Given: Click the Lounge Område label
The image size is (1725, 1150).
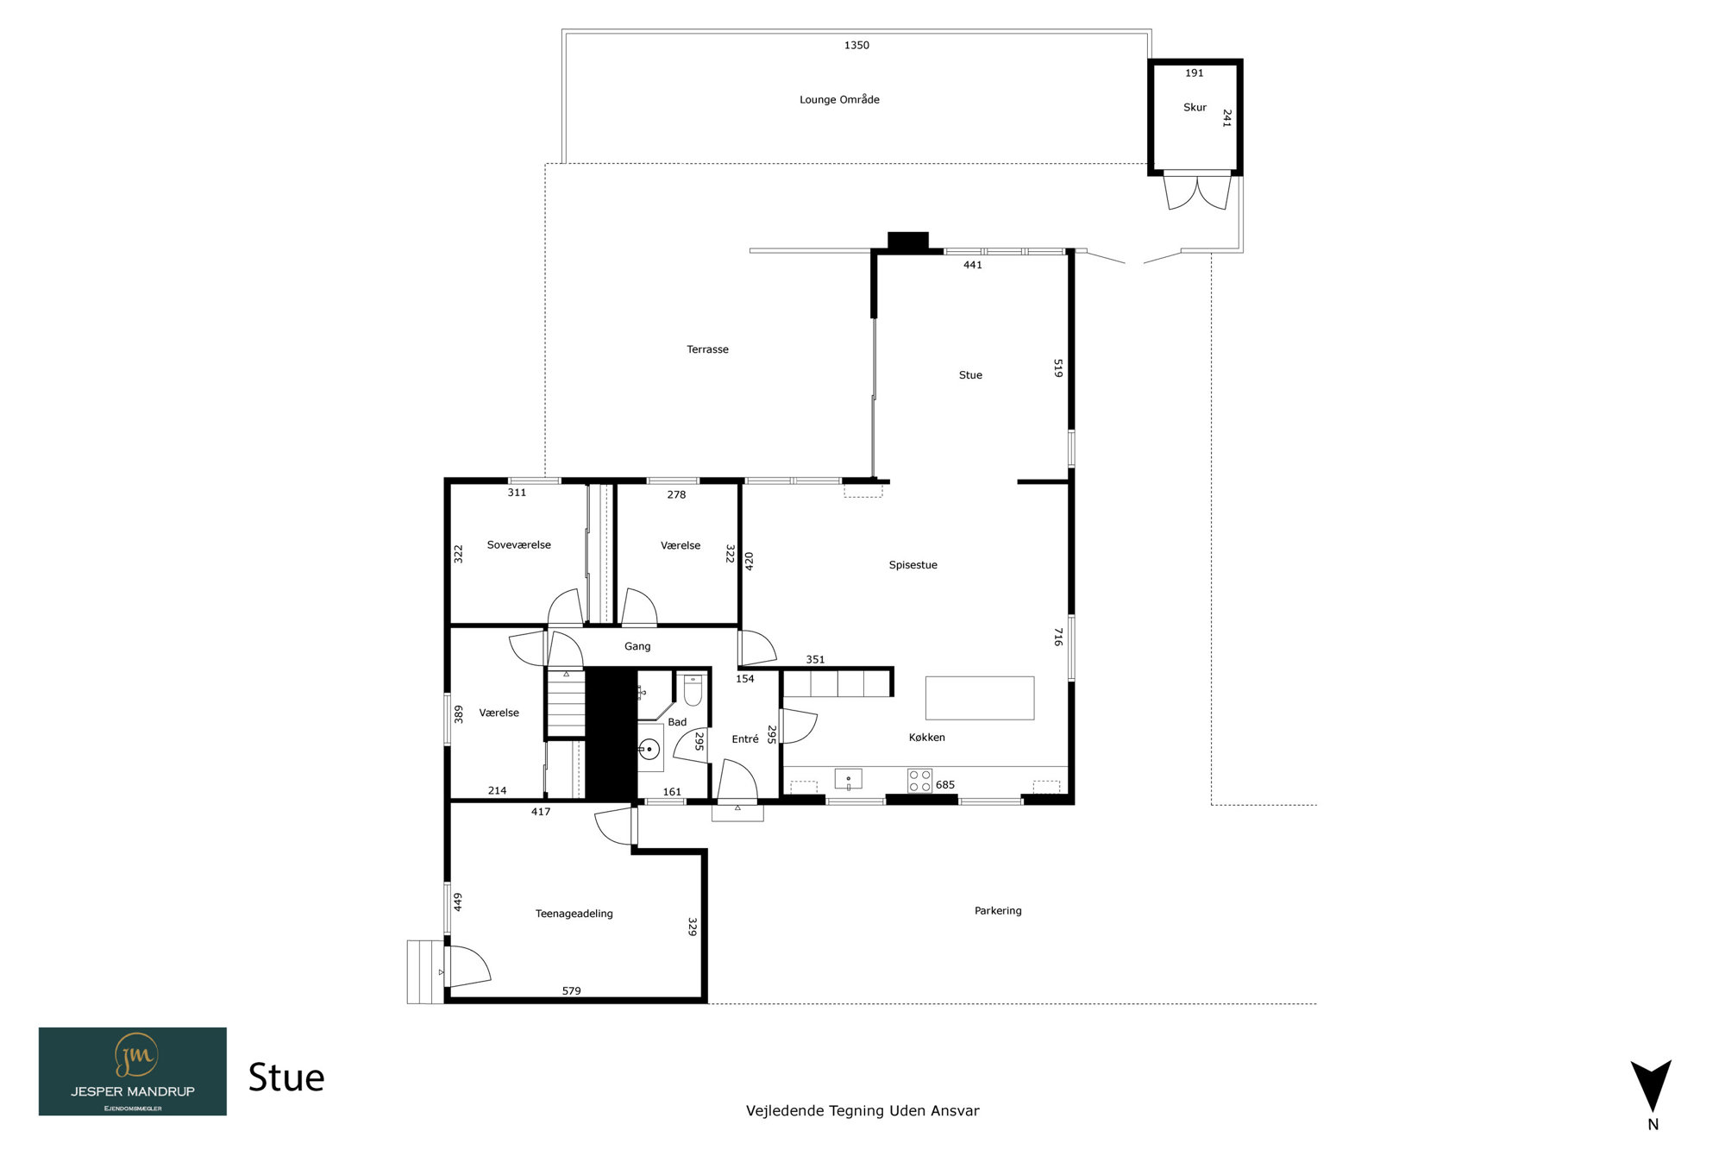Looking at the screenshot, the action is pos(839,100).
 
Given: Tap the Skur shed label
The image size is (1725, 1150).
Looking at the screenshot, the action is pos(1195,108).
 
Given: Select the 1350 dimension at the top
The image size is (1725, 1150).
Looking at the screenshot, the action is pos(856,46).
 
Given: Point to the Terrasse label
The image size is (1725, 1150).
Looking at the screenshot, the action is pos(707,349).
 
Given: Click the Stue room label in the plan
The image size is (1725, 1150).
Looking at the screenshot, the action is pos(970,375).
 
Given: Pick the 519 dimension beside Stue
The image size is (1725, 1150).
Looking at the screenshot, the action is pos(1058,368).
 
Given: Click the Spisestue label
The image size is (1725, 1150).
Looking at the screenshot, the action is pos(913,566).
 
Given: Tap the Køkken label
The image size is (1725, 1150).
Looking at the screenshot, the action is pos(926,738).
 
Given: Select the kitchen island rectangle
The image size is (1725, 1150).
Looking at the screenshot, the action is pos(980,698).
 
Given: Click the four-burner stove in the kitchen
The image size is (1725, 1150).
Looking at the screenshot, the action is pos(919,781).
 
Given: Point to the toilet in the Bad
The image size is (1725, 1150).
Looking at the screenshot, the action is pos(693,690).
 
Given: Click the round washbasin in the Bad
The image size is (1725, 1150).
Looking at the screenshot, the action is pos(649,750).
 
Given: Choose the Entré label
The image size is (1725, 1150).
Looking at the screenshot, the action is pos(745,739).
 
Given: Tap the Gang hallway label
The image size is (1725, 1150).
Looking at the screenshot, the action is pos(637,647).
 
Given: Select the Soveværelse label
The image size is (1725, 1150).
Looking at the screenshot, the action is pos(518,545).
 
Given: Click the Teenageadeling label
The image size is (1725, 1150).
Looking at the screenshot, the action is pos(574,914).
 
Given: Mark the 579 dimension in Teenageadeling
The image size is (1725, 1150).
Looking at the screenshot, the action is pos(571,991).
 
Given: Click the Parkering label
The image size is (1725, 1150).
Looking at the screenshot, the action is pos(998,911).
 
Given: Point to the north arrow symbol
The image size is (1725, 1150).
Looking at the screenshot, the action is pos(1651,1087).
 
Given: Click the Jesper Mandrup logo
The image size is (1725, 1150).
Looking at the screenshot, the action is pos(133,1071).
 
